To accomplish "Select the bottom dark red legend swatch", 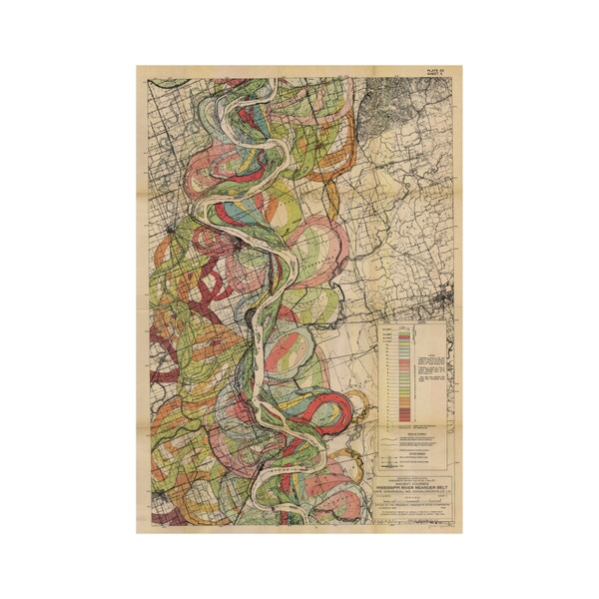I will (x=404, y=412).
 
